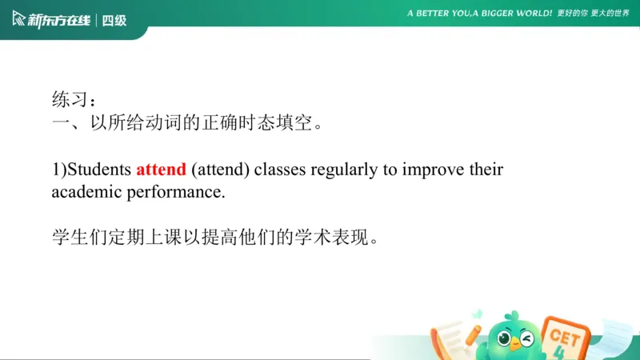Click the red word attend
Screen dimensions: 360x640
[x=161, y=170]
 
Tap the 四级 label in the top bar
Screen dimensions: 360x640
[x=114, y=19]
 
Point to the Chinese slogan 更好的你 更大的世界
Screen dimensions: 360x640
[x=594, y=14]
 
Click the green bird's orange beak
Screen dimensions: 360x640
[x=516, y=345]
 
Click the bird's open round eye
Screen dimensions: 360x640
[x=506, y=338]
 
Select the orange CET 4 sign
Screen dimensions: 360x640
[x=565, y=340]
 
